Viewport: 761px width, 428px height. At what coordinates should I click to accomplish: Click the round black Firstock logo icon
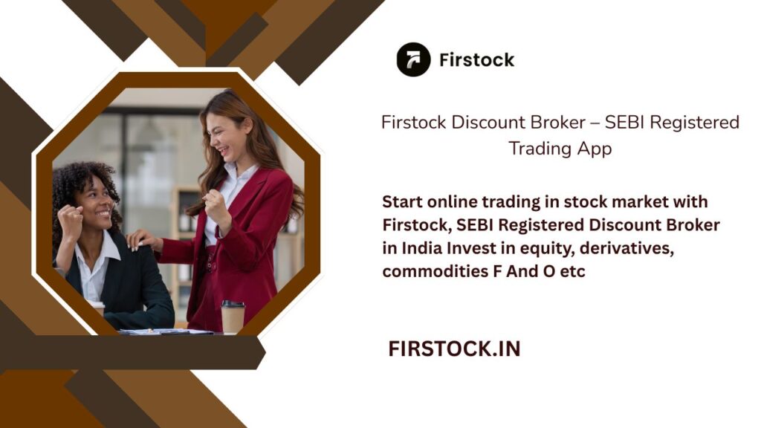pyautogui.click(x=413, y=59)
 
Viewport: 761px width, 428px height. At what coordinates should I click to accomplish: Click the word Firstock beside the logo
pyautogui.click(x=476, y=60)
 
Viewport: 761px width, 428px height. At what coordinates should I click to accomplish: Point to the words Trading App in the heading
pyautogui.click(x=560, y=149)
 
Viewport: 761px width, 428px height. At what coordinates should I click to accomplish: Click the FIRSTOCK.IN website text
pyautogui.click(x=454, y=349)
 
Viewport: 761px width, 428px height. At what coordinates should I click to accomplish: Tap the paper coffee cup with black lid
pyautogui.click(x=233, y=316)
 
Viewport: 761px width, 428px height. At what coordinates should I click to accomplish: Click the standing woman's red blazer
pyautogui.click(x=253, y=223)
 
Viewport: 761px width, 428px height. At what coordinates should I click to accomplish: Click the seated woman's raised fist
pyautogui.click(x=72, y=221)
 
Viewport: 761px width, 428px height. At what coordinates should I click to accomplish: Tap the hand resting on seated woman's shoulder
pyautogui.click(x=142, y=239)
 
